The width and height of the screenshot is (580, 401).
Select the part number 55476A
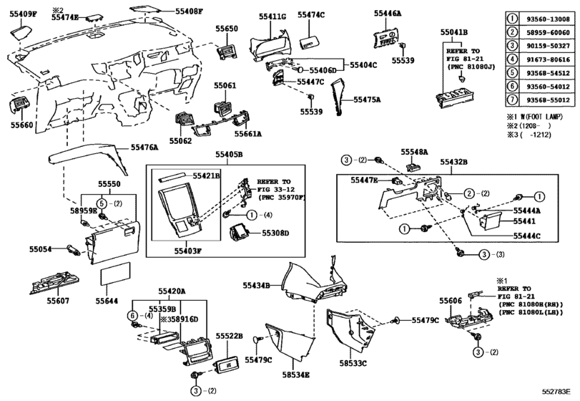coord(144,148)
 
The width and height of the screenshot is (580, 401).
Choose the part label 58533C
coord(353,364)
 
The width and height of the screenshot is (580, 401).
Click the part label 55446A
coord(388,14)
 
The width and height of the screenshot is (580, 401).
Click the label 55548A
coord(415,153)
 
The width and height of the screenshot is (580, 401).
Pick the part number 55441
coord(525,223)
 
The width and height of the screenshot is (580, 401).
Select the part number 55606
coord(451,301)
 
